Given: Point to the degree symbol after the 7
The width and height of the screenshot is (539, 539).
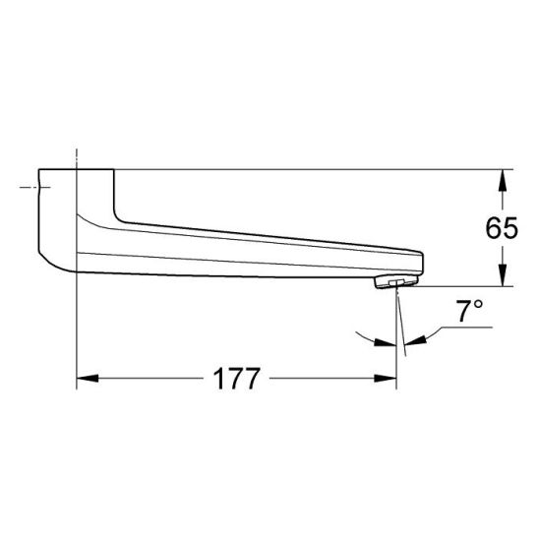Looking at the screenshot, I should click(479, 306).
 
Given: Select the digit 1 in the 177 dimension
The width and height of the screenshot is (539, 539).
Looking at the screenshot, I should click(214, 378).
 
